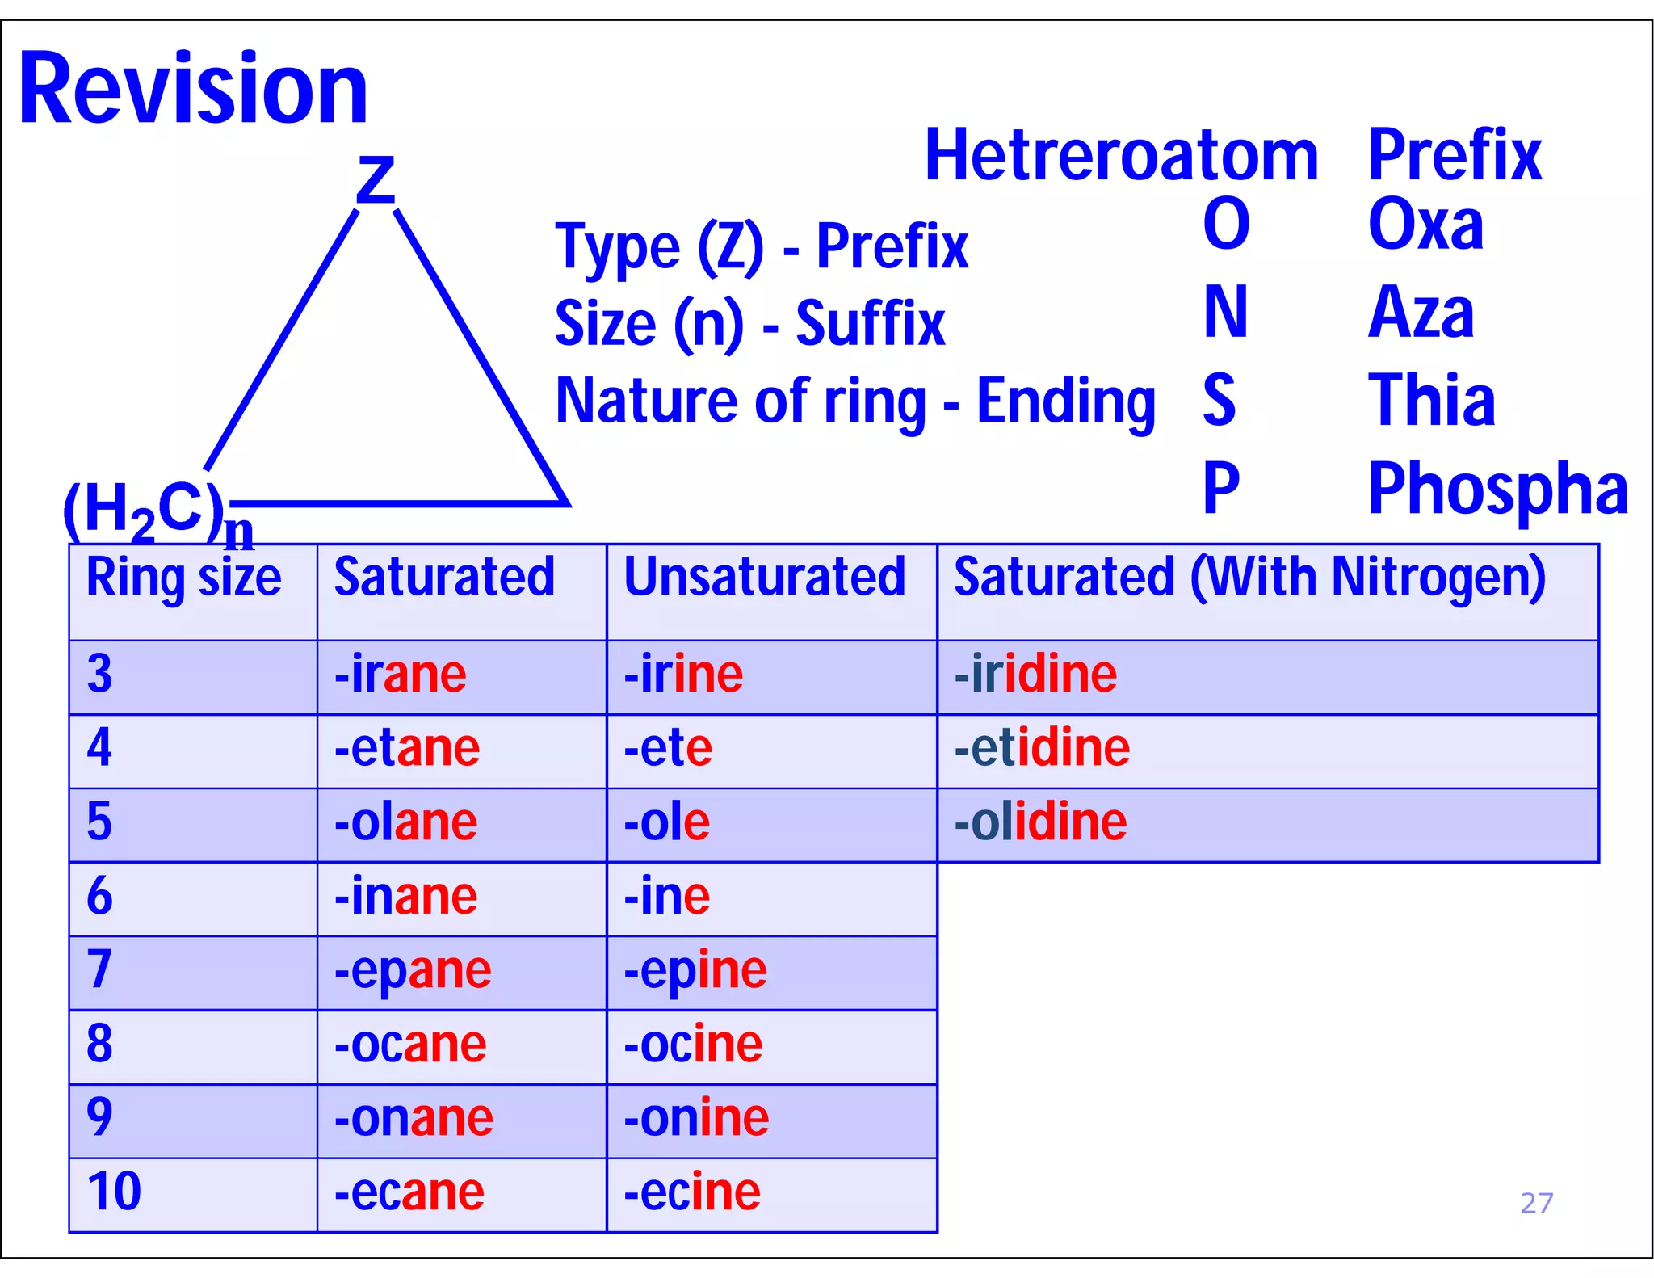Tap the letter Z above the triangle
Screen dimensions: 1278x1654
pyautogui.click(x=376, y=180)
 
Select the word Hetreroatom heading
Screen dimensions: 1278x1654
pyautogui.click(x=1121, y=155)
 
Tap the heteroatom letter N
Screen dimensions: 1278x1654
pyautogui.click(x=1225, y=313)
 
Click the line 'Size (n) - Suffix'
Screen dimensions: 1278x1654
pyautogui.click(x=749, y=323)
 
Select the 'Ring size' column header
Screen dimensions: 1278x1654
pyautogui.click(x=184, y=578)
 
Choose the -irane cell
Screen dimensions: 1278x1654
pyautogui.click(x=401, y=675)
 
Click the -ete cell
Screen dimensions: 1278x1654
pyautogui.click(x=668, y=748)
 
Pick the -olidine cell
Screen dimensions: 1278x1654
pyautogui.click(x=1040, y=822)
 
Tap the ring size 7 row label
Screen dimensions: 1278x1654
pyautogui.click(x=99, y=969)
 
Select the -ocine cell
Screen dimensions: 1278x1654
pyautogui.click(x=693, y=1044)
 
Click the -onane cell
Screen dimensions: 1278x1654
pyautogui.click(x=413, y=1118)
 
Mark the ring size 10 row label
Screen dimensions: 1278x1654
pyautogui.click(x=114, y=1192)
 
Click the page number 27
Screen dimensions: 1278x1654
pyautogui.click(x=1536, y=1204)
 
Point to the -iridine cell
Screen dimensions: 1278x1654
pyautogui.click(x=1035, y=675)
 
